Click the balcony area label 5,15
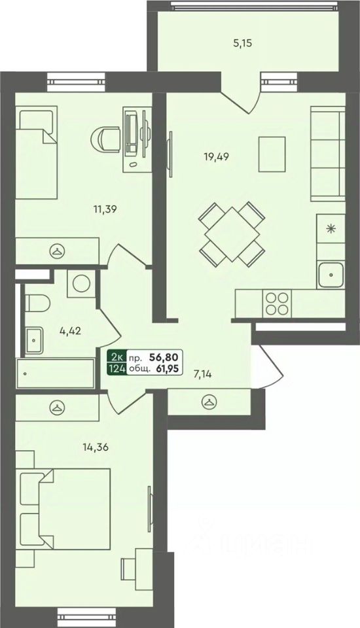(x=243, y=44)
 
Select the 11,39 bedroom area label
(x=104, y=209)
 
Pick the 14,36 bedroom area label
(x=96, y=447)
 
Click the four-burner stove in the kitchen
(x=277, y=304)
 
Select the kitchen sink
(x=331, y=274)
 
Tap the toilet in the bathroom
(x=37, y=303)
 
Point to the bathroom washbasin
(x=34, y=340)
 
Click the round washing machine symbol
(x=81, y=283)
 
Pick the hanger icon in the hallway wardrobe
(x=209, y=401)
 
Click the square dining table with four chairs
(x=232, y=234)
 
